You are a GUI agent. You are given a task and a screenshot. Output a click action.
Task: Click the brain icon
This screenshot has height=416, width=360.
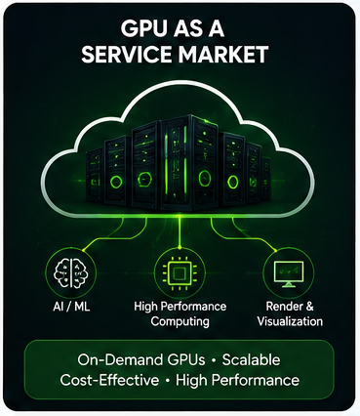tap(71, 272)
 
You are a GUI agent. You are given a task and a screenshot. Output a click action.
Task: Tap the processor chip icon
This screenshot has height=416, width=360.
tap(180, 272)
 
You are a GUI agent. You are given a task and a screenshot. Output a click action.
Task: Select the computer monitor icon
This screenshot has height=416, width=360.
tap(289, 274)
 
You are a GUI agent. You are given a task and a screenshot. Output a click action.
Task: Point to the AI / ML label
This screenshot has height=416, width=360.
tap(71, 307)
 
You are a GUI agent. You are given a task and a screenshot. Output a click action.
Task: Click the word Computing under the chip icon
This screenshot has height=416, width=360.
tap(180, 321)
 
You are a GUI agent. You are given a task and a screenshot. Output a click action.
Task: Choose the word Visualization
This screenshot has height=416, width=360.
tap(290, 321)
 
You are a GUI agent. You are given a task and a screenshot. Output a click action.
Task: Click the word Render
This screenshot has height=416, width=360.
tap(282, 307)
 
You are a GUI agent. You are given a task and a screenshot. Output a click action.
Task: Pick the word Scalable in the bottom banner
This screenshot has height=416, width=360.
tap(251, 360)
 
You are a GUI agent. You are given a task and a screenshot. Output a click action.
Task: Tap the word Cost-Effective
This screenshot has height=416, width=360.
tap(109, 380)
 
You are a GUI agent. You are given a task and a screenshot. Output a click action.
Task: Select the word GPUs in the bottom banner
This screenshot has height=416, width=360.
tap(186, 360)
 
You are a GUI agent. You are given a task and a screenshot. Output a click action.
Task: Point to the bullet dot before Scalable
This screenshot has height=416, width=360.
tap(214, 360)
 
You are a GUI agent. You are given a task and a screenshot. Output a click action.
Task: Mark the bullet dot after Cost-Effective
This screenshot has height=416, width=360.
tap(168, 381)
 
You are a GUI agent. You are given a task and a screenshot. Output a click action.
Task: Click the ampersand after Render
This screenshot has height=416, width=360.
tap(308, 307)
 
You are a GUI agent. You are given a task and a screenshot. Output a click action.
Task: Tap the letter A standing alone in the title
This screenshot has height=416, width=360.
tap(215, 29)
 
